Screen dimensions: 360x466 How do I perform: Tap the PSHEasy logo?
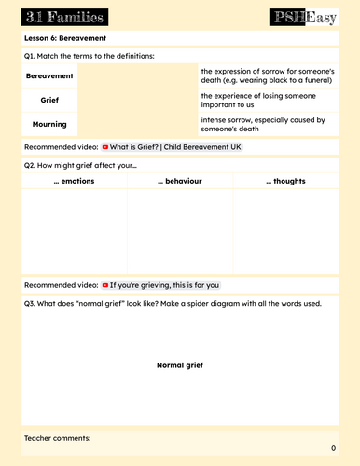point(304,16)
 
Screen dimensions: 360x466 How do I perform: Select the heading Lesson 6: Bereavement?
point(64,38)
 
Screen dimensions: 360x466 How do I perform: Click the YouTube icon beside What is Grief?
point(105,147)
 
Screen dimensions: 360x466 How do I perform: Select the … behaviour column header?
point(179,180)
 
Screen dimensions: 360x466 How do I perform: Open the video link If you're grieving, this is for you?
point(165,285)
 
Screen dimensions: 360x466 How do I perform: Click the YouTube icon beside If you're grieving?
point(105,285)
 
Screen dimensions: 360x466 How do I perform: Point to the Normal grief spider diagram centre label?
point(179,365)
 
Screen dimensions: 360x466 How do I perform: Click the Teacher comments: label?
point(58,438)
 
